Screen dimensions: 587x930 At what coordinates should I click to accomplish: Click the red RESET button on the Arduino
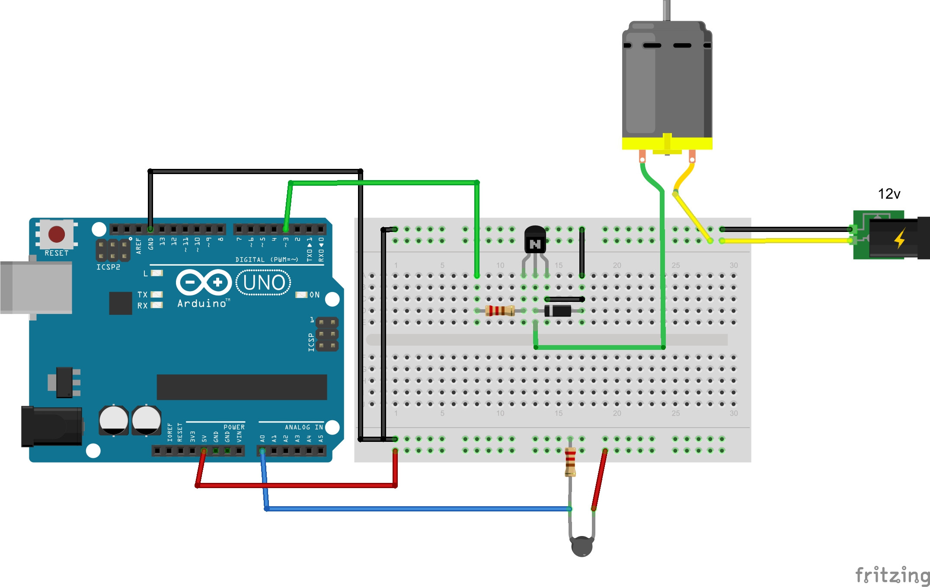coord(57,234)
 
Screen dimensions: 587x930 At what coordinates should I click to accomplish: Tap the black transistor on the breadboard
coord(535,240)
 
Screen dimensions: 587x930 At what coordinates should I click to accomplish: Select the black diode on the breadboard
coord(558,310)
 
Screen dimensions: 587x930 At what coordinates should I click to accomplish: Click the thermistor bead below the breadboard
coord(582,546)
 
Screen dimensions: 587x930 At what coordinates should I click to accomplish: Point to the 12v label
coord(889,194)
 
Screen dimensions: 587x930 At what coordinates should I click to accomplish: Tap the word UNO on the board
coord(264,283)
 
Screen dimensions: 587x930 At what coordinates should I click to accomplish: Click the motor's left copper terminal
coord(642,156)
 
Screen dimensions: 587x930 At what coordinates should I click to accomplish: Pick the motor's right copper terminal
coord(692,156)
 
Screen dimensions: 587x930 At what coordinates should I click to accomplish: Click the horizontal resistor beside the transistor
coord(500,310)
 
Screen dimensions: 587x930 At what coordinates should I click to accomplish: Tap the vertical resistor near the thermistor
coord(570,461)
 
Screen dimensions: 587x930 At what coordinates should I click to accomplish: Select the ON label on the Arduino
coord(314,295)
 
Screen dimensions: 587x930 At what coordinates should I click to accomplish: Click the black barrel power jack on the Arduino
coord(52,426)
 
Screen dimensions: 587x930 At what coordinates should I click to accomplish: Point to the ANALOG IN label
coord(304,427)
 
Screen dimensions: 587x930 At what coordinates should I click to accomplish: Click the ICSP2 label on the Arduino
coord(108,267)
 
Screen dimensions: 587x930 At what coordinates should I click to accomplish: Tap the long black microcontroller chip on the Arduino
coord(242,387)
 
